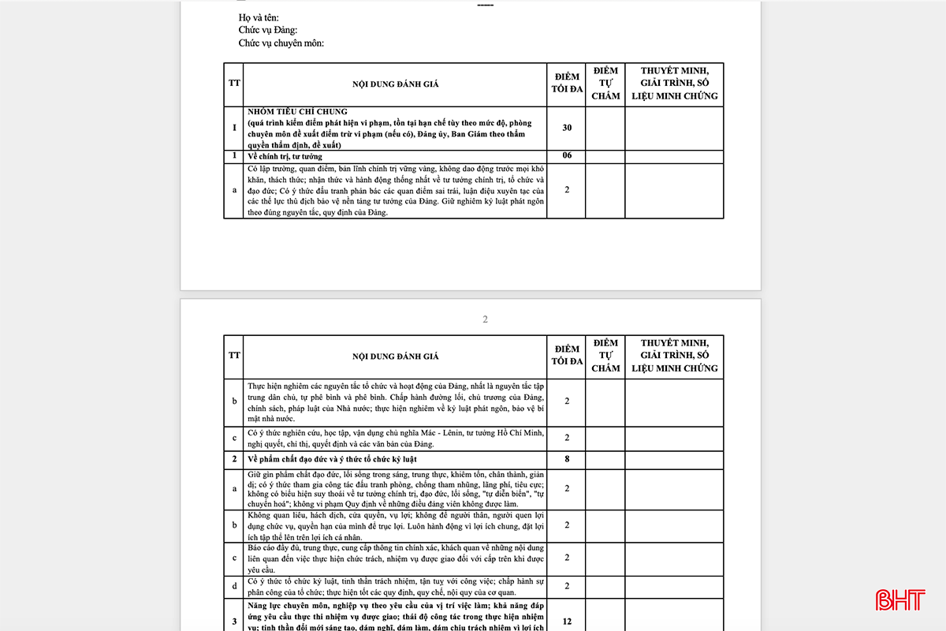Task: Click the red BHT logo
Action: [903, 599]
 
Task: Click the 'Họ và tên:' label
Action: [259, 17]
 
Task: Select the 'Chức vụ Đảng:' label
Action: [268, 30]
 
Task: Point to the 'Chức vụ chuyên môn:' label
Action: [281, 43]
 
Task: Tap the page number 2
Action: [486, 319]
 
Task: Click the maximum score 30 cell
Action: [567, 128]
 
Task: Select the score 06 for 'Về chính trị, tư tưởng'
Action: [567, 156]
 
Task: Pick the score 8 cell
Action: [567, 458]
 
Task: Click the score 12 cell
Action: [567, 622]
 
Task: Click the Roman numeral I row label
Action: [234, 128]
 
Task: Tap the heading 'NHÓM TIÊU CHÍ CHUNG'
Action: [297, 112]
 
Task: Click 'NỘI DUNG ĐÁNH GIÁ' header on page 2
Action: [396, 357]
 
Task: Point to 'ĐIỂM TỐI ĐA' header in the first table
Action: [567, 83]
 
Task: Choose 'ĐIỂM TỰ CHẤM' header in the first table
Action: [605, 83]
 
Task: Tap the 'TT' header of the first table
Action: [234, 83]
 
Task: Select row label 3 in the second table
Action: [234, 622]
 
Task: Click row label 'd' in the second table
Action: [234, 587]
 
